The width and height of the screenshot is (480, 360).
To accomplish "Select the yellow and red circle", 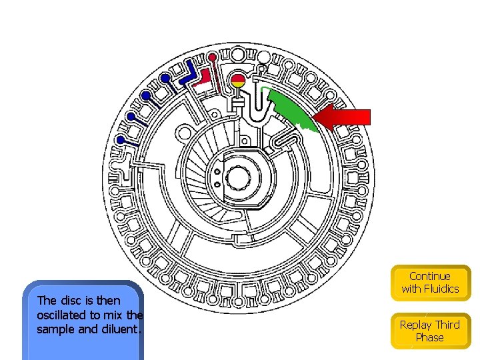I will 238,82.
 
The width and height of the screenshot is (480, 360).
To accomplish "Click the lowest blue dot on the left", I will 121,140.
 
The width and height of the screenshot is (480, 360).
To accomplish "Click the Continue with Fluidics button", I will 430,283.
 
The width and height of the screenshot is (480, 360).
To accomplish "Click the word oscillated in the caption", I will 66,315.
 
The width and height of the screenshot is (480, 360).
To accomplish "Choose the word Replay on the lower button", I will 416,325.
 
